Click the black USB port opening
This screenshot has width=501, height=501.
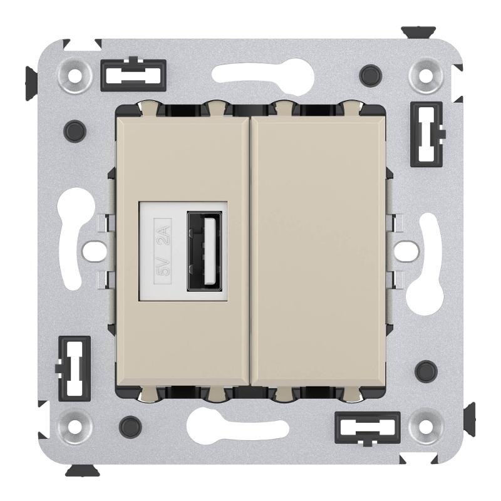pos(205,251)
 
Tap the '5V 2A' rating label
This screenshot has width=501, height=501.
pos(163,251)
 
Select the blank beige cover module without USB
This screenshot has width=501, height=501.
pos(318,251)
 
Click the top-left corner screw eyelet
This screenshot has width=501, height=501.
pos(75,76)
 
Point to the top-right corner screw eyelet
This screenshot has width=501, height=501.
pos(426,76)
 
